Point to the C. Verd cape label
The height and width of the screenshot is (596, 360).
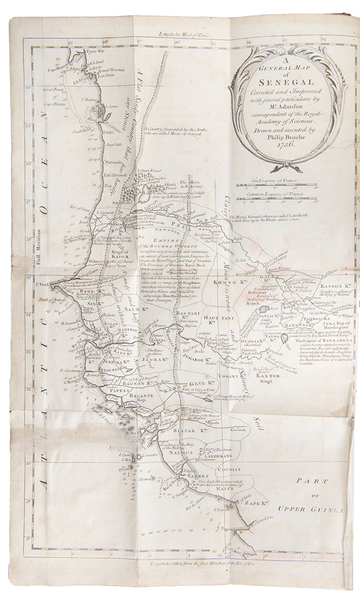pos(41,284)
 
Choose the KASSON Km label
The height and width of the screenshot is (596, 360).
pos(335,286)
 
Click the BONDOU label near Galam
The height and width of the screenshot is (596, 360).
pos(257,292)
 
